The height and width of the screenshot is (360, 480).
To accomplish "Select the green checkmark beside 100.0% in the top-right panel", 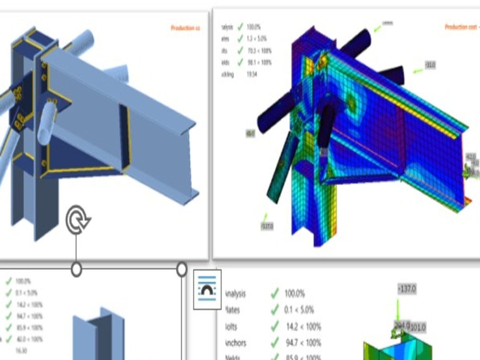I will [x=240, y=27].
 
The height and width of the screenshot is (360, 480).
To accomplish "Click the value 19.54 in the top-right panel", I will [x=252, y=74].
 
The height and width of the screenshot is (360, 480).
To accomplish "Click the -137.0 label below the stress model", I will [x=267, y=226].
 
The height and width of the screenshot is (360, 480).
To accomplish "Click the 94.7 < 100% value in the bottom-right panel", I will [x=303, y=343].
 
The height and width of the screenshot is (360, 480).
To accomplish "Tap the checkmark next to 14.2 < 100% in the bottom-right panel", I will [x=275, y=326].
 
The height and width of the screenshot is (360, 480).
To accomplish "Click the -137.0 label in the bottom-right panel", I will [x=407, y=289].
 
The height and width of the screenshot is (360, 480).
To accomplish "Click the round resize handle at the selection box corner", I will [x=181, y=269].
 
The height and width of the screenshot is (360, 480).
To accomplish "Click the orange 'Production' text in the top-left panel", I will [x=185, y=28].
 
